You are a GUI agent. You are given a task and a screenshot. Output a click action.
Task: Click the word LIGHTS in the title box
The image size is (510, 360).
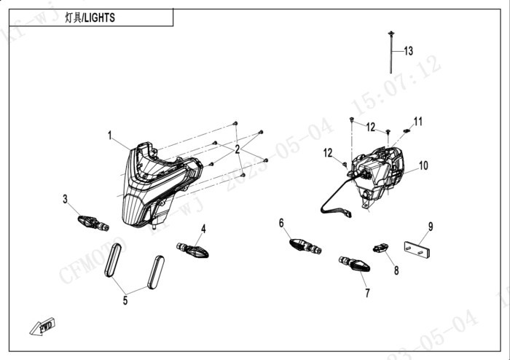point(98,18)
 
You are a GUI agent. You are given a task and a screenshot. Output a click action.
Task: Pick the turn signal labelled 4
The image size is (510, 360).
point(193,250)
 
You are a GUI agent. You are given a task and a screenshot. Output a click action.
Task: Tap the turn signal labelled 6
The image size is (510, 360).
point(305,246)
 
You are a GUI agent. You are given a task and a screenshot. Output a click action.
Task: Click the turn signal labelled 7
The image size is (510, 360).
point(354,264)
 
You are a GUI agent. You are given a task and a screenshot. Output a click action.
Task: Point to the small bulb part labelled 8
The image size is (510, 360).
point(380,247)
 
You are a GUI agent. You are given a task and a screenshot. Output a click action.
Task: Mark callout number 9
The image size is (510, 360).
point(430,227)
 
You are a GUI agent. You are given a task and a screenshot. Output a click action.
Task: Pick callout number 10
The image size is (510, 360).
point(423,166)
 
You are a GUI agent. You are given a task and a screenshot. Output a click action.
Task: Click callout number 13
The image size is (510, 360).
point(408,51)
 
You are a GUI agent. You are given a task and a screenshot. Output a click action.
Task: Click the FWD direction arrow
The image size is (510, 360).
point(42,326)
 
